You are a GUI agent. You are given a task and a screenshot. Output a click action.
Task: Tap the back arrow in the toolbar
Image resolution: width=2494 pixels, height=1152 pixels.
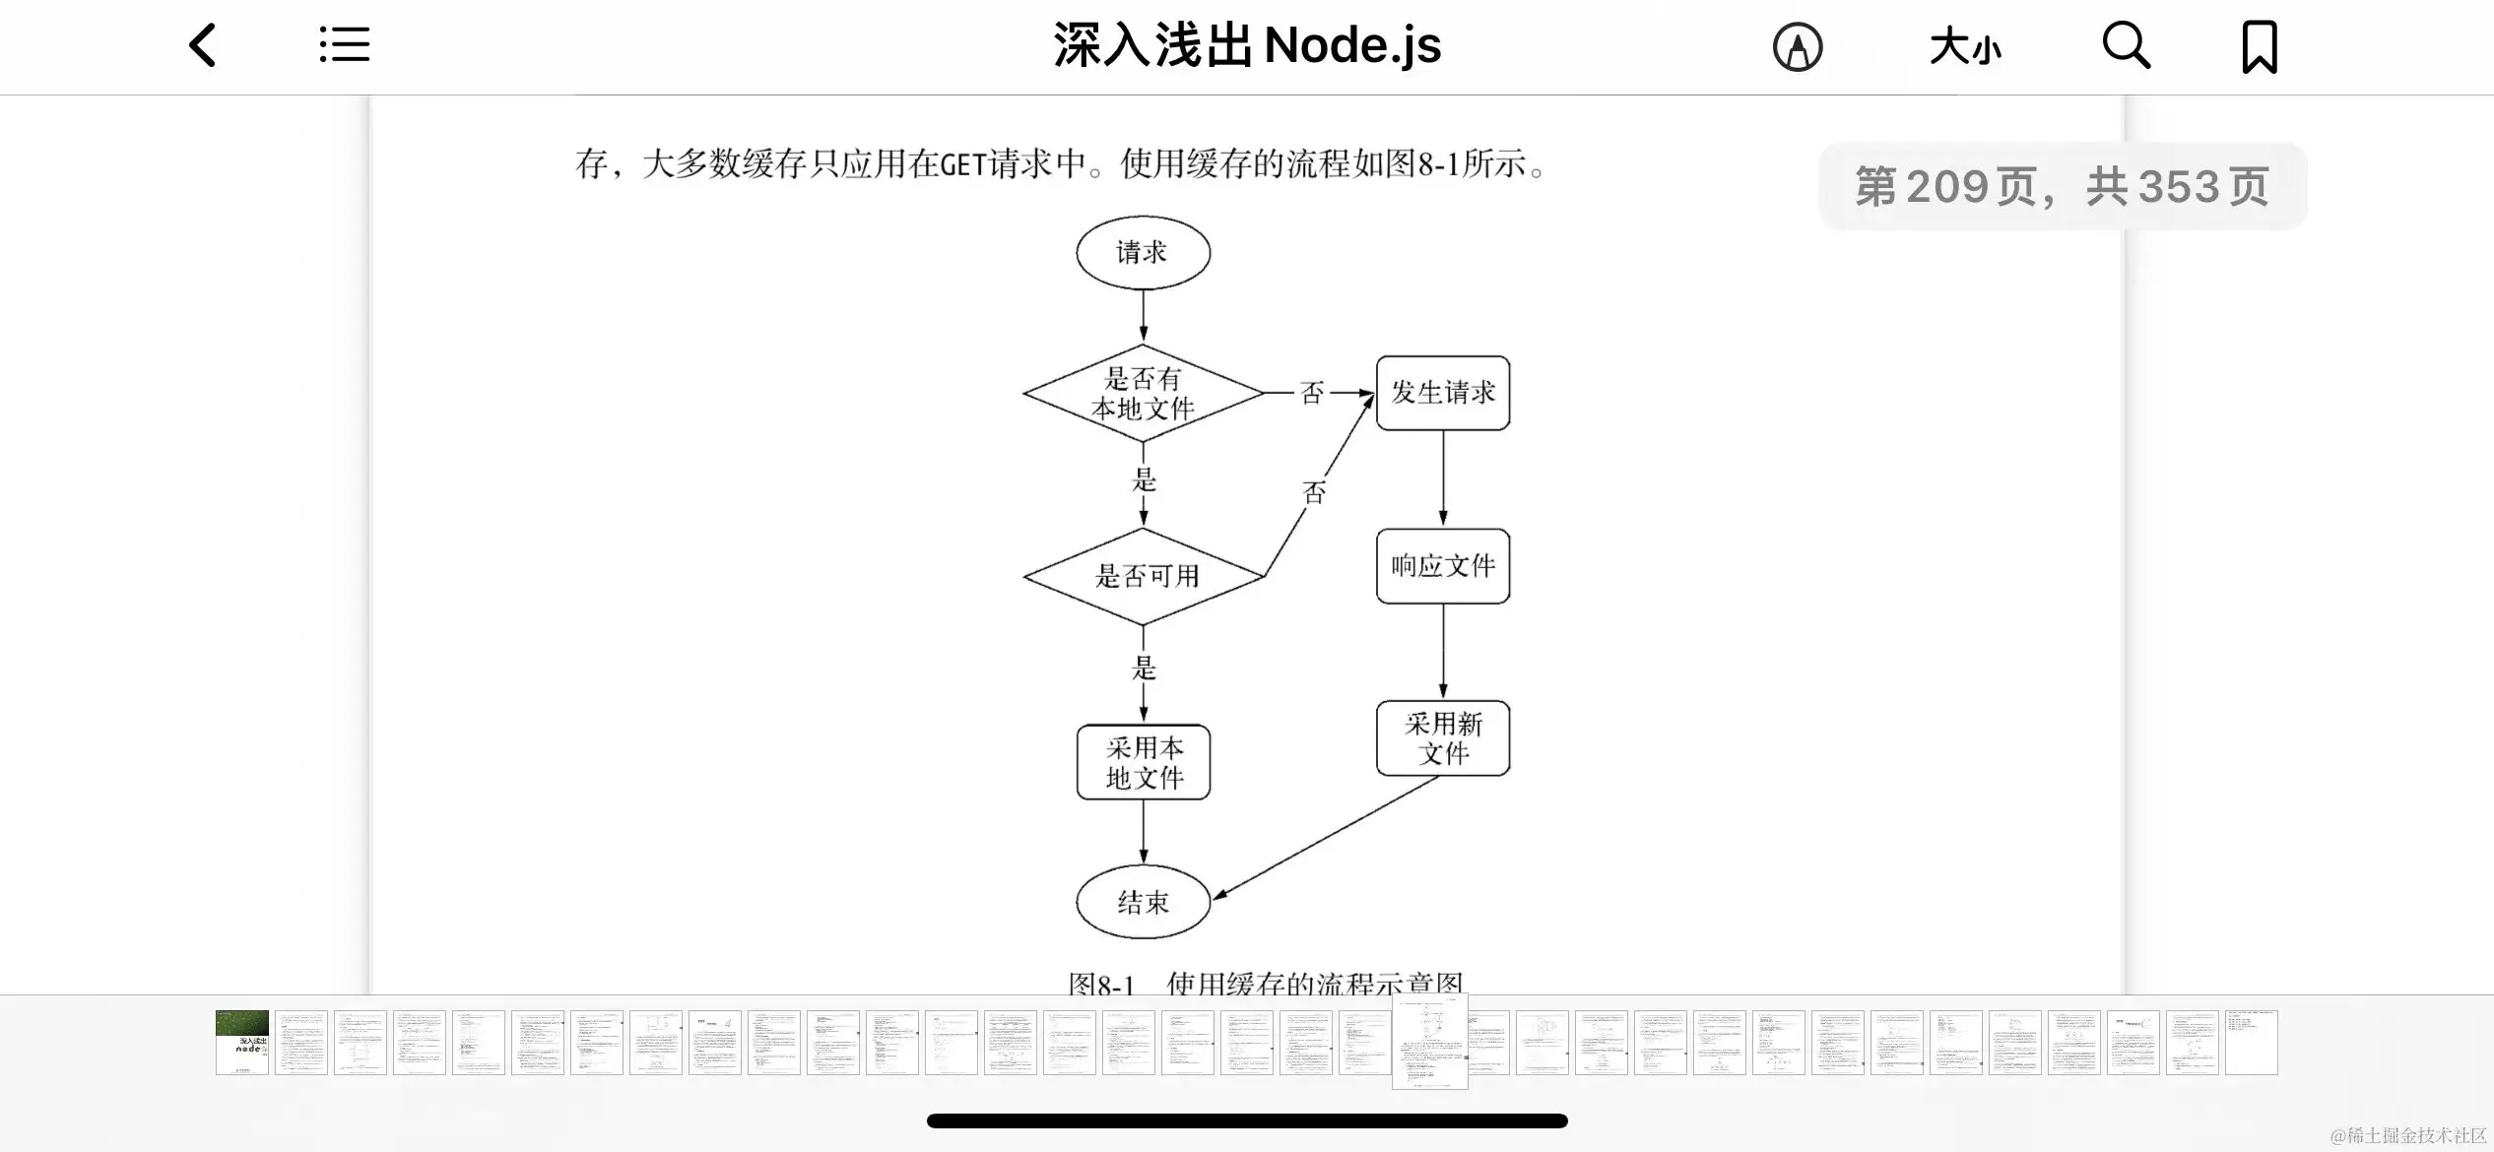coord(203,46)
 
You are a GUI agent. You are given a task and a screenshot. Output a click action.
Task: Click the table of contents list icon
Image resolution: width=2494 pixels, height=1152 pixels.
coord(345,45)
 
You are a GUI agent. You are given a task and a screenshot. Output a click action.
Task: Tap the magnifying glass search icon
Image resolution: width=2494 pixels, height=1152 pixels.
coord(2126,46)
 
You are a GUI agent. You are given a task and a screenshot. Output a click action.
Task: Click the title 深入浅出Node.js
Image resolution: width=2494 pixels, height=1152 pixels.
coord(1247,45)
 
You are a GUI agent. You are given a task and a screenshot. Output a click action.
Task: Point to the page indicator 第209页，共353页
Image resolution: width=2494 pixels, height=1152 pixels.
coord(2063,186)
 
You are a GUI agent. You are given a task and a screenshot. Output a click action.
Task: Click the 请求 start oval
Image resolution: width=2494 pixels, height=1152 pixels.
coord(1143,253)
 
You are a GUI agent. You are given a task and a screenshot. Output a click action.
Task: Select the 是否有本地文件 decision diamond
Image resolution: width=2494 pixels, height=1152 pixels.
coord(1143,393)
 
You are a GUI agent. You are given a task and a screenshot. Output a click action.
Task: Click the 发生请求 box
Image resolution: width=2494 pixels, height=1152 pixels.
coord(1443,393)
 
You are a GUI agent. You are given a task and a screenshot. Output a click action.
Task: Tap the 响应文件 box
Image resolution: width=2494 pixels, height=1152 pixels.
coord(1443,566)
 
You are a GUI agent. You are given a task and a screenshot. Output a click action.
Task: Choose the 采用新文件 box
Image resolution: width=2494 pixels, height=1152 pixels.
coord(1443,738)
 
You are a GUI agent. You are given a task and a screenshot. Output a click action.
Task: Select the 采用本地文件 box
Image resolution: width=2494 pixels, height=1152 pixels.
coord(1144,762)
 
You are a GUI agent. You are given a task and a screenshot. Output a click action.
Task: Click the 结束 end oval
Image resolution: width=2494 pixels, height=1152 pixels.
coord(1143,902)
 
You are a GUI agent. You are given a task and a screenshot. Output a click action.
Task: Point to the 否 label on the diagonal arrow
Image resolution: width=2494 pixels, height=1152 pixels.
coord(1315,492)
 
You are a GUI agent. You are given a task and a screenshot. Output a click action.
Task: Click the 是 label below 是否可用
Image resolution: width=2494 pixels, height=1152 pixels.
coord(1144,668)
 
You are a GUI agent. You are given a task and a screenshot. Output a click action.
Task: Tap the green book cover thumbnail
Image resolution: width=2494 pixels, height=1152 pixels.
coord(242,1042)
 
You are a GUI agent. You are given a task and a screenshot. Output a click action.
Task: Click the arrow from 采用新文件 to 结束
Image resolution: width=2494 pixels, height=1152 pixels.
coord(1325,838)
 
